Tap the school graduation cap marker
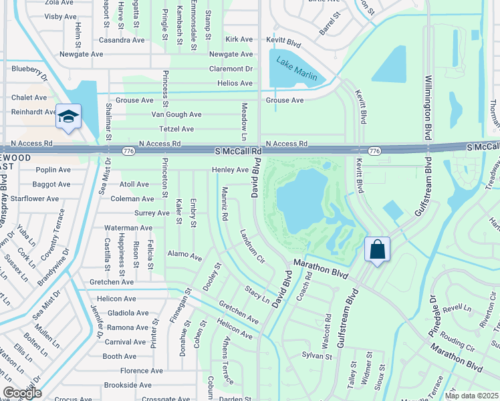tap(68, 118)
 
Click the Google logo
tap(22, 393)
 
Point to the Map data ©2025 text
tap(471, 396)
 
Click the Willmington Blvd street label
tap(426, 104)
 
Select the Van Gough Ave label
tap(176, 114)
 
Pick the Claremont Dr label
tap(230, 68)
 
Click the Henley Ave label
tap(230, 170)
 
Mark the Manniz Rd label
tap(223, 204)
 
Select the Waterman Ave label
tap(129, 227)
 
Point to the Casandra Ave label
tap(121, 40)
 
